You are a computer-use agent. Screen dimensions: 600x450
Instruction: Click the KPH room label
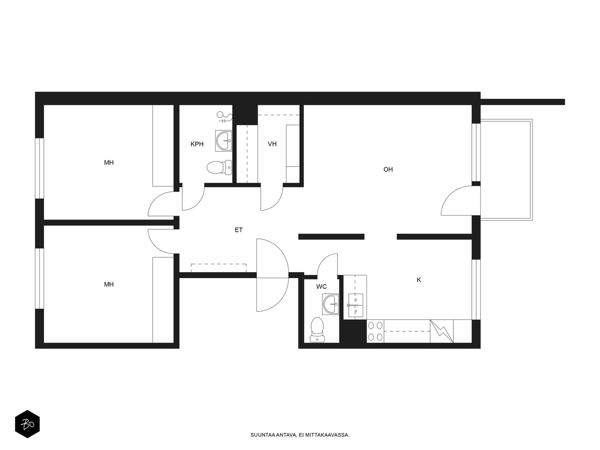coord(197,144)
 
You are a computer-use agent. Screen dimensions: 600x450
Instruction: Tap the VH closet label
coord(272,144)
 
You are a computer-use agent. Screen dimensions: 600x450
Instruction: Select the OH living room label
coord(388,169)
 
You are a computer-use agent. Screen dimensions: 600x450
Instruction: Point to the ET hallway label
coord(238,230)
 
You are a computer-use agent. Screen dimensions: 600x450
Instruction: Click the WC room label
coord(321,286)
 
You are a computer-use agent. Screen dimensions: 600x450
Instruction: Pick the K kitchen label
coord(419,280)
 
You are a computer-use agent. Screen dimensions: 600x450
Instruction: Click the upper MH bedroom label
coord(109,163)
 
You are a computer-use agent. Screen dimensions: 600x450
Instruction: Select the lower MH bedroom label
coord(109,284)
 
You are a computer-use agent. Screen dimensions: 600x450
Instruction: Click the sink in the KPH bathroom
coord(223,141)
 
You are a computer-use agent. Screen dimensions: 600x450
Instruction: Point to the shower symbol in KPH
coord(224,117)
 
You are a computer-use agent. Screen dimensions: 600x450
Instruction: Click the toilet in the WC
coord(317,330)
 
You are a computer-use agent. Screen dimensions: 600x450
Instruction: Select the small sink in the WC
coord(331,304)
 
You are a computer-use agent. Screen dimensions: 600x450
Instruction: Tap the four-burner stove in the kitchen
coord(375,331)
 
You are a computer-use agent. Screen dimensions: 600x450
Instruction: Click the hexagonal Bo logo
coord(27,424)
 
